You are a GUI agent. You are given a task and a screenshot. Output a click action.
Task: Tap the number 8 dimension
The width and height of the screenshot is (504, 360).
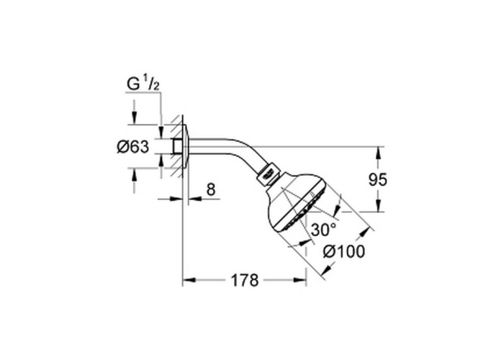point(210,190)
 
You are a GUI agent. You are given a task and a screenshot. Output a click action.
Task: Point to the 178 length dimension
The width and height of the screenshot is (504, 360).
point(245,281)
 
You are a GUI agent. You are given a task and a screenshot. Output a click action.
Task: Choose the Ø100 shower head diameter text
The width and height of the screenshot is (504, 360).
point(343,252)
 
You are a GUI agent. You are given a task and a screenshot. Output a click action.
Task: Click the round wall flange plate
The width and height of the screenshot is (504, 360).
point(186,147)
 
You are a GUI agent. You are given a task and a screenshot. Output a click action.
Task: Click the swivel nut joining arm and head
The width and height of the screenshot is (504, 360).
point(269,174)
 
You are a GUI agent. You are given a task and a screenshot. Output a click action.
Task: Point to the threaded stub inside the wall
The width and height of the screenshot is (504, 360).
point(176,147)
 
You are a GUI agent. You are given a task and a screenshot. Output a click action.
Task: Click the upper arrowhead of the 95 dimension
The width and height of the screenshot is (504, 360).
point(376,150)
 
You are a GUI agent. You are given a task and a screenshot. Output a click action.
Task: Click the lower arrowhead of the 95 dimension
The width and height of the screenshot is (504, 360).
point(376,208)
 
